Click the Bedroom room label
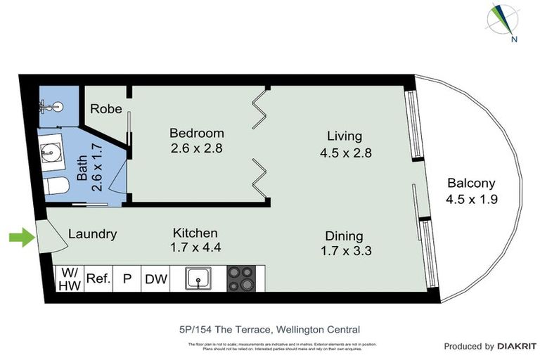pos(196,133)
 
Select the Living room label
pos(344,136)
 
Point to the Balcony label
pos(471,184)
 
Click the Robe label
pos(106,109)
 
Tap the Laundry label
pos(92,234)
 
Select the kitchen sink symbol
pos(200,278)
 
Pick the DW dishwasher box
pos(156,279)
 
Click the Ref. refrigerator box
pos(98,278)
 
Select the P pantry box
pos(127,279)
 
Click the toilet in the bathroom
pos(56,186)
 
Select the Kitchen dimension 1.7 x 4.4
pos(195,247)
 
